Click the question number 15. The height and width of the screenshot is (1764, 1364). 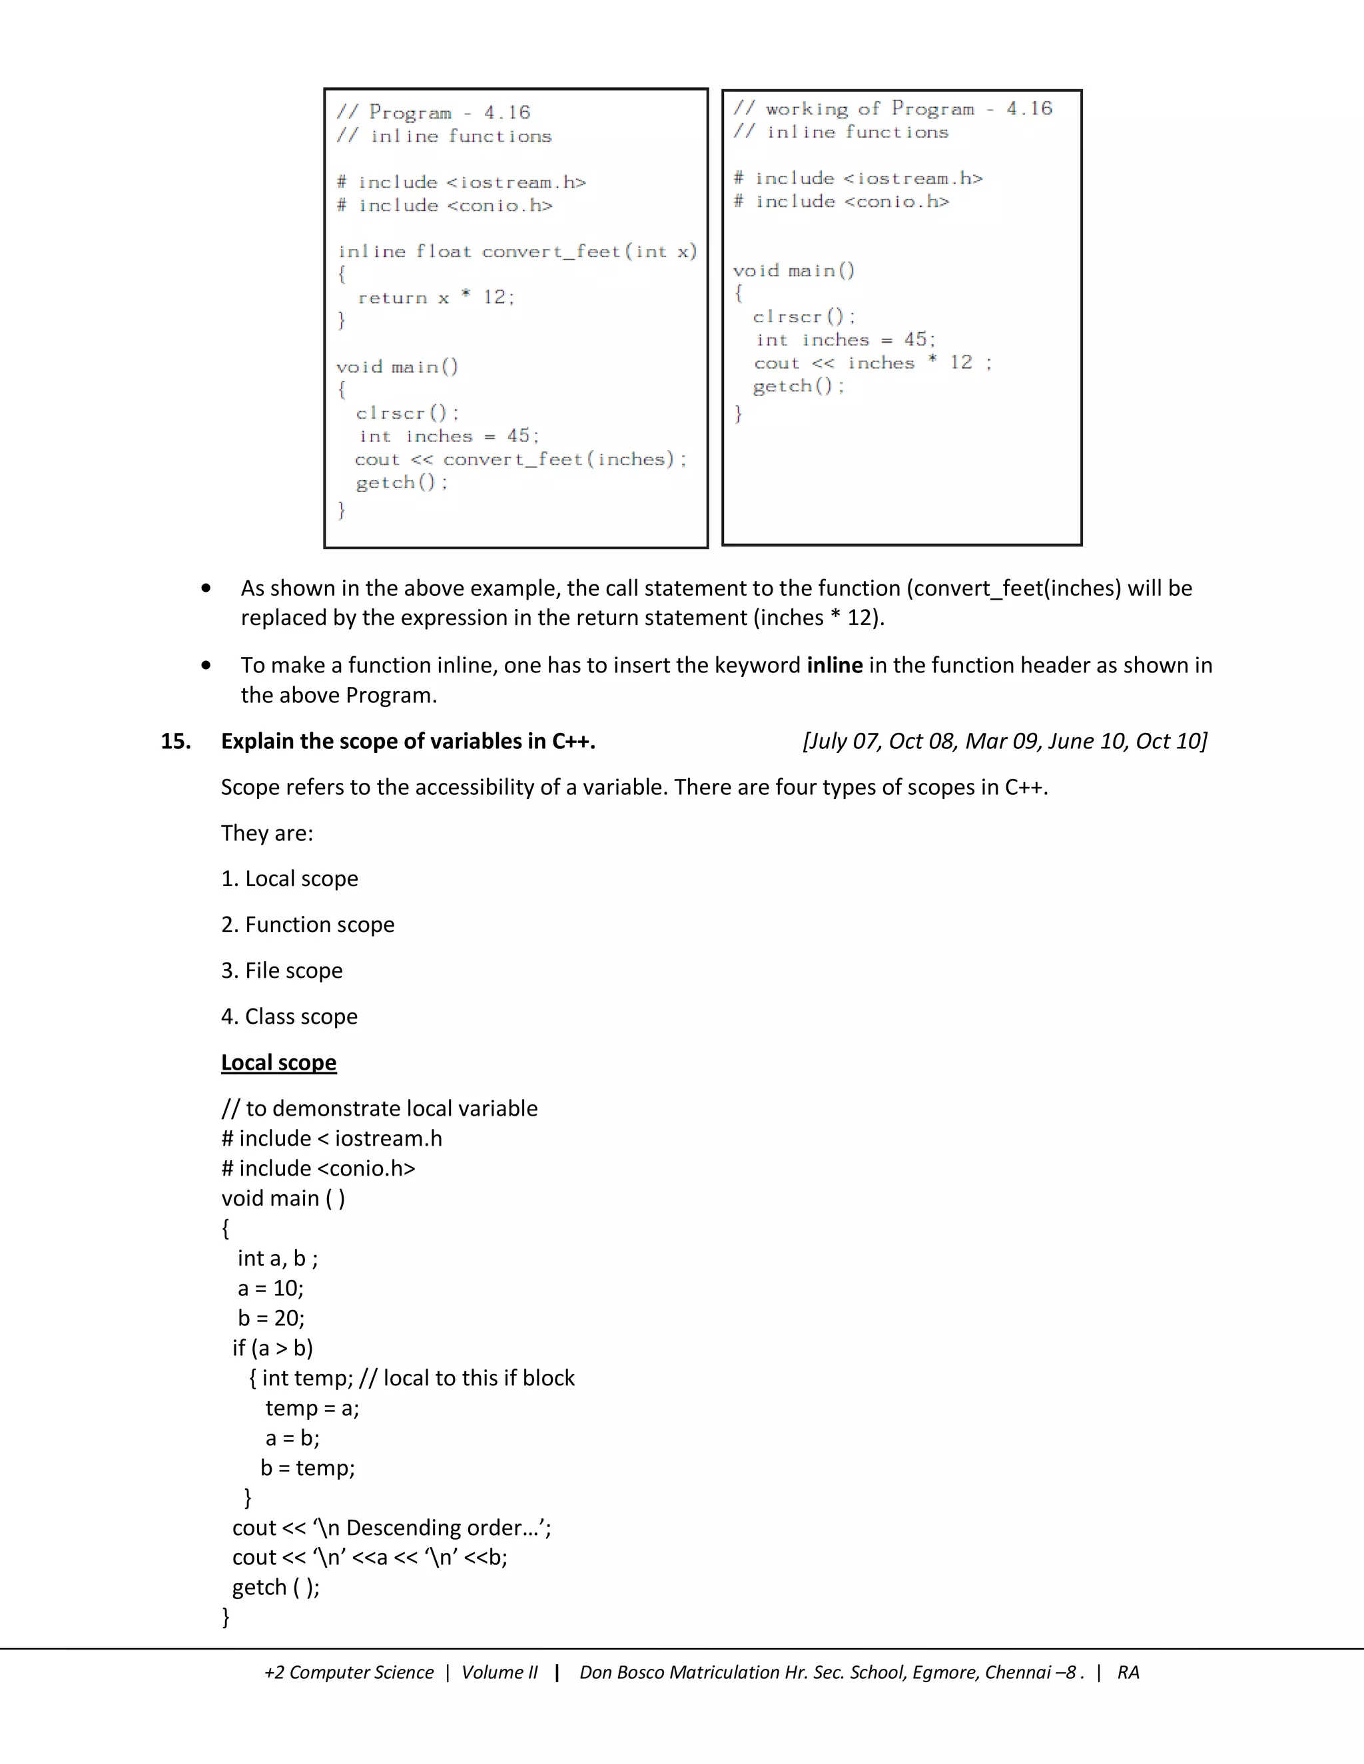point(175,742)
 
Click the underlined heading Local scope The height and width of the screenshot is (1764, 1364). point(279,1063)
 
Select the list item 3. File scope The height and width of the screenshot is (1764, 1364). point(282,971)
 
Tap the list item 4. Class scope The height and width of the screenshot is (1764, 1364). point(289,1017)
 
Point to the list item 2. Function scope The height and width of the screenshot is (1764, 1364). point(308,925)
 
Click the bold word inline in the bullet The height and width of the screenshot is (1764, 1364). point(835,666)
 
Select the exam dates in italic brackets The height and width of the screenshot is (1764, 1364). point(1004,742)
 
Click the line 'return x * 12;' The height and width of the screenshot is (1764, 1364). point(436,298)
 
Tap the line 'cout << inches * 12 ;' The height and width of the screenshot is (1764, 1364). point(872,363)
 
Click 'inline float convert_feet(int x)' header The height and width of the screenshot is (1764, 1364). point(517,252)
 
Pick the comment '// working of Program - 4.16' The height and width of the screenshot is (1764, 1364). point(892,109)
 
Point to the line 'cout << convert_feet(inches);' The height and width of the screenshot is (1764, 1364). point(520,459)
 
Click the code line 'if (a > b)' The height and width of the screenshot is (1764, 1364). point(272,1348)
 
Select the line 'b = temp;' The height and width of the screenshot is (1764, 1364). point(308,1468)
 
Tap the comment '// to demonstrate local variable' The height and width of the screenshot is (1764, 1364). point(379,1109)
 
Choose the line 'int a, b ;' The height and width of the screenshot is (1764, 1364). point(277,1258)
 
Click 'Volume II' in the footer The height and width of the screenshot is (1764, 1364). point(500,1672)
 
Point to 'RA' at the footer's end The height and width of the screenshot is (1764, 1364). point(1128,1672)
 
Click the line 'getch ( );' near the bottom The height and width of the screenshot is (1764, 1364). point(276,1587)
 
